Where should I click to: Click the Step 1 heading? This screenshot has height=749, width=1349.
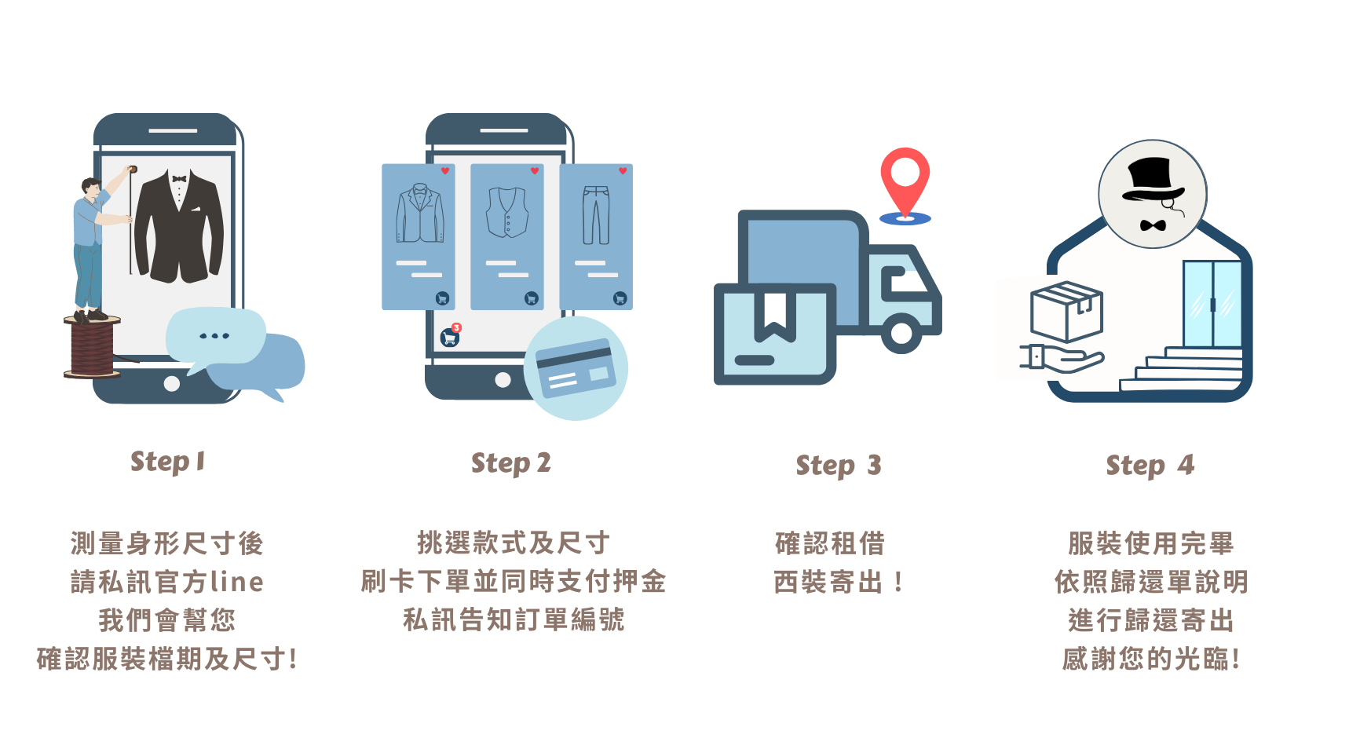(168, 462)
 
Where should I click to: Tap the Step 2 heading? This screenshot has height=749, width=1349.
(510, 463)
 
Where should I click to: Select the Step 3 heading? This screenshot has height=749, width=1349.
(839, 466)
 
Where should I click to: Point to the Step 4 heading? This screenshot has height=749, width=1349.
(1150, 466)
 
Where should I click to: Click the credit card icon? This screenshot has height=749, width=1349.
(576, 367)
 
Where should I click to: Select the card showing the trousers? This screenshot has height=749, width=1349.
(596, 236)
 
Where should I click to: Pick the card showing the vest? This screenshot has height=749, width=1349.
(507, 236)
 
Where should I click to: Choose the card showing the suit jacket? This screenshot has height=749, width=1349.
(419, 236)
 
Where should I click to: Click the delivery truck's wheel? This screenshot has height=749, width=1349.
(901, 333)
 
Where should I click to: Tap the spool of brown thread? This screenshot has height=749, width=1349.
(93, 347)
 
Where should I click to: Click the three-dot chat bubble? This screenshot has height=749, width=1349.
(214, 335)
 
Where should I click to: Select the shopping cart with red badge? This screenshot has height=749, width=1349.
(450, 337)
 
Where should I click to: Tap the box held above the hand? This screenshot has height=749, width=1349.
(1066, 312)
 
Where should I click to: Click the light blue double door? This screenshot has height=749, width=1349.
(1212, 303)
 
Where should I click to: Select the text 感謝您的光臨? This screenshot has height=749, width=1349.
(1150, 659)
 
